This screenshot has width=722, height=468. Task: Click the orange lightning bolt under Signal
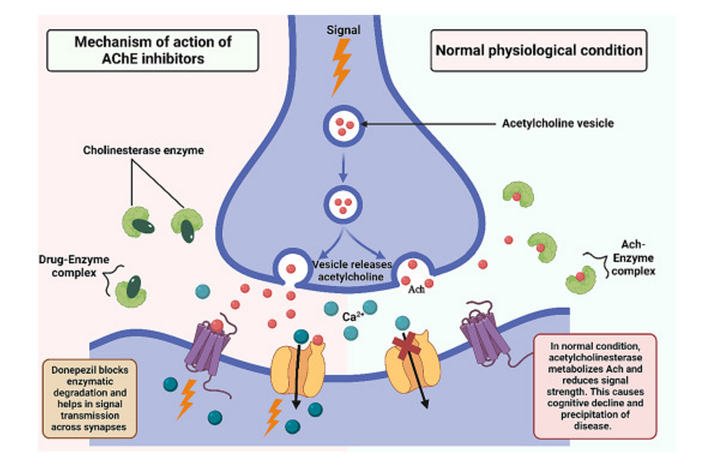[341, 65]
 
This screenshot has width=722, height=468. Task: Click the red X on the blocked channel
[407, 346]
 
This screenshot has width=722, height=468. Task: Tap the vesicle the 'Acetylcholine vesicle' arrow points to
[342, 125]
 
